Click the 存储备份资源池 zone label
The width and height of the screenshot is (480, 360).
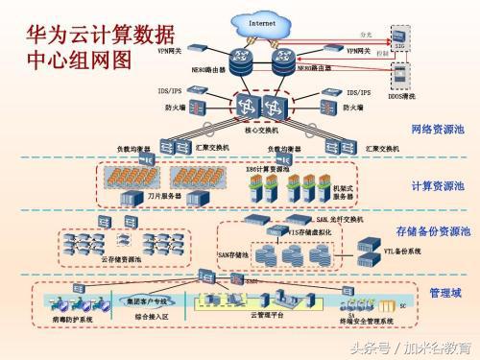click(x=433, y=231)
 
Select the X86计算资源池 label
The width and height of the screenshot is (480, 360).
click(x=267, y=169)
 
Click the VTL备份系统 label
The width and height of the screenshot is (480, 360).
click(x=375, y=250)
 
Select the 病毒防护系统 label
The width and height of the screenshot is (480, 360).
click(x=72, y=318)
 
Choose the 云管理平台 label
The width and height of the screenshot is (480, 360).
click(x=265, y=314)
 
